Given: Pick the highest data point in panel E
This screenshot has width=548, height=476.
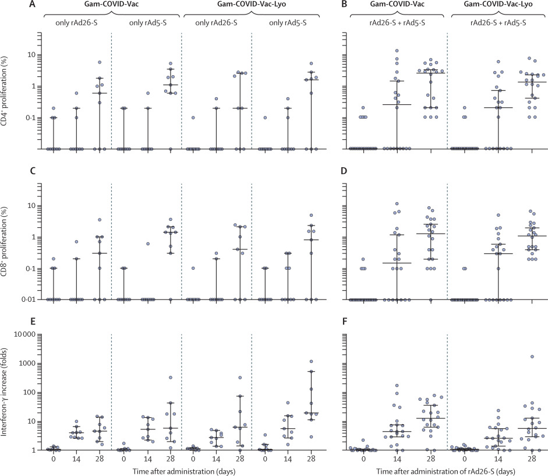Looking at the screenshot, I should [x=311, y=362].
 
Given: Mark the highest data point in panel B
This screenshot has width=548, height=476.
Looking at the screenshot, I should [x=397, y=51].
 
